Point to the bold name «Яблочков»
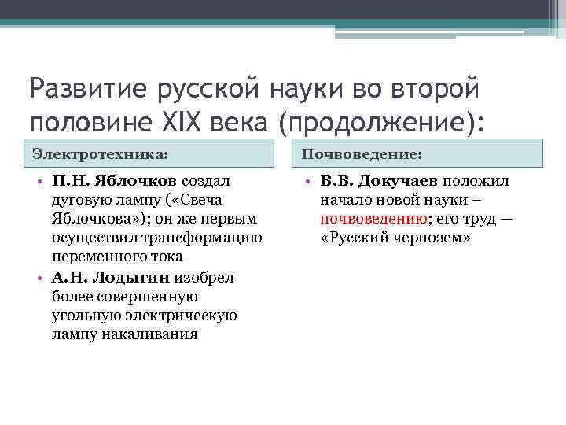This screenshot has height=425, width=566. pyautogui.click(x=141, y=182)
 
